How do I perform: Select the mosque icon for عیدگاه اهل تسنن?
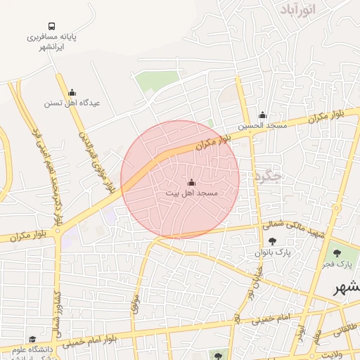click(x=71, y=92)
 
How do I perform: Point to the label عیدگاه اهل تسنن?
click(x=72, y=103)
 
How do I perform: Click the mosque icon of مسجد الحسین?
click(x=263, y=115)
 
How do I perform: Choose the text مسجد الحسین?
click(x=262, y=126)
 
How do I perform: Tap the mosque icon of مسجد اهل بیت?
click(x=192, y=182)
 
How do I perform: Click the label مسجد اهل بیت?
click(x=192, y=193)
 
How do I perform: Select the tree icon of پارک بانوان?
click(x=272, y=241)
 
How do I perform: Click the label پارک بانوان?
click(x=272, y=252)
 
